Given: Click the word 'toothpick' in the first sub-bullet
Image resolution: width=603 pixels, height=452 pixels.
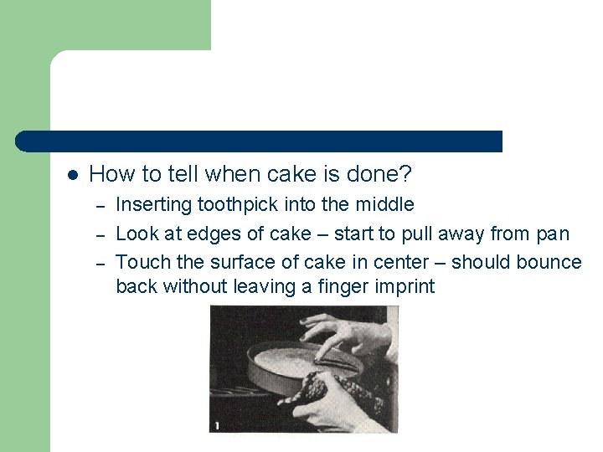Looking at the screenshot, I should tap(238, 204).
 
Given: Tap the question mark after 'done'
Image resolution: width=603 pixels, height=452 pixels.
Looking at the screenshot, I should tap(406, 174).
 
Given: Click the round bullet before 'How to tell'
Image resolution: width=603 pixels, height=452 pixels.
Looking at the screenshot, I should tap(72, 175).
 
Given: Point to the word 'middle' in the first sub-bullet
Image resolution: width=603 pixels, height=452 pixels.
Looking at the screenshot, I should tap(384, 204).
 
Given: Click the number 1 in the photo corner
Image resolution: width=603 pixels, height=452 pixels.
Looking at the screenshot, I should tap(217, 426).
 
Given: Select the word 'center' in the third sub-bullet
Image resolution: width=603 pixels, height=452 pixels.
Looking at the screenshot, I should tap(416, 262).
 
